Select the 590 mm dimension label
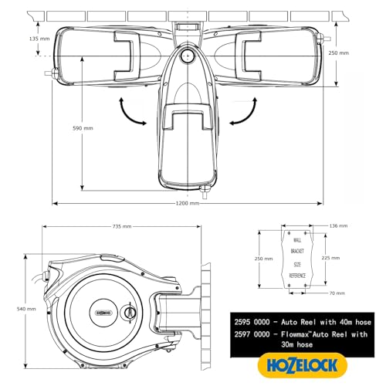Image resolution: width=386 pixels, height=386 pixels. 83,128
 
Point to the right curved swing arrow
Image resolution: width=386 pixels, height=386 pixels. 240,114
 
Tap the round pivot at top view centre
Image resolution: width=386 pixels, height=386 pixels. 186,56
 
